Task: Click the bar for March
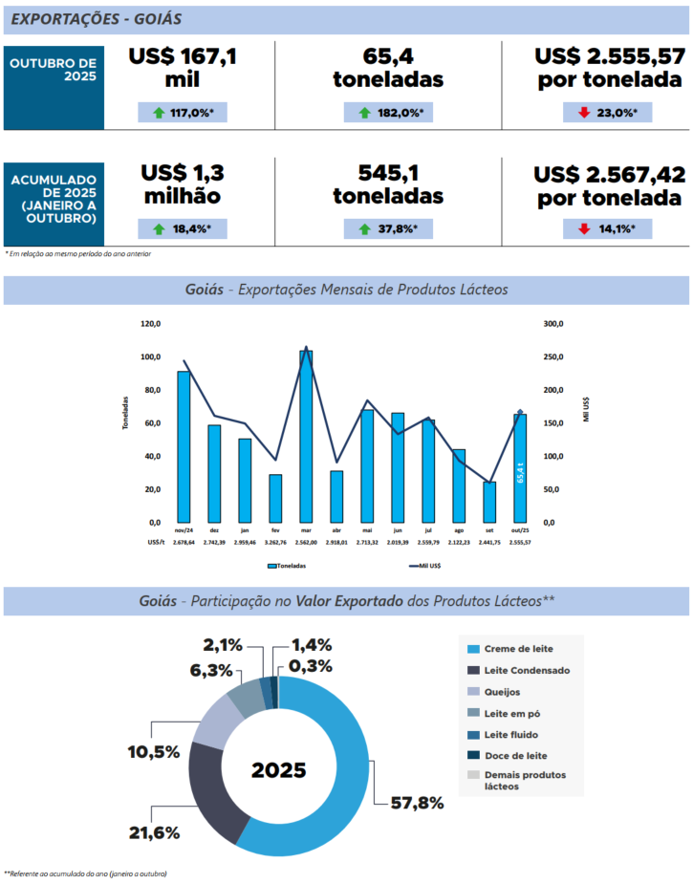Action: pos(306,436)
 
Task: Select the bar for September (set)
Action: pos(489,502)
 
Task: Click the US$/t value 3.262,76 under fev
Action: pos(275,542)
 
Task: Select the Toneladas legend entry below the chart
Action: pos(287,566)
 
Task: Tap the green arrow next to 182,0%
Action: pos(365,113)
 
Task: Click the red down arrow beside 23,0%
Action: pos(583,113)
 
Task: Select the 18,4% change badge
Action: pos(183,228)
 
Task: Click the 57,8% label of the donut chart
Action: pos(418,803)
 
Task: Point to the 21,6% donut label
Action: pos(154,832)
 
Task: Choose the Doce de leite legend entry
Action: pos(511,755)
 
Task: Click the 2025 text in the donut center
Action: pos(279,770)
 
